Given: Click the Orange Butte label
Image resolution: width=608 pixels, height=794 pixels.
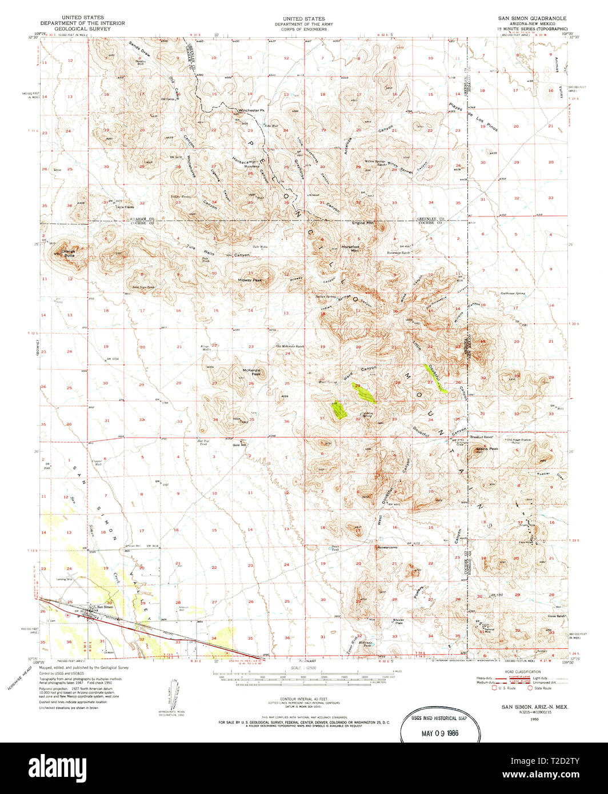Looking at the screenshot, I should [69, 251].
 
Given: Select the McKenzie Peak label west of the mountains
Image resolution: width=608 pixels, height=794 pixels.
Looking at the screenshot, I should [252, 372].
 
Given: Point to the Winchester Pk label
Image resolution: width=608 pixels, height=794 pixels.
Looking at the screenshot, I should [252, 110].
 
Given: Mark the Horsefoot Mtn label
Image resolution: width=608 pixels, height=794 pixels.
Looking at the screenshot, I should [350, 248].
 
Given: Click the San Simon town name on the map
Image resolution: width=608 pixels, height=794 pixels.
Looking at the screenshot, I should [105, 607].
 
